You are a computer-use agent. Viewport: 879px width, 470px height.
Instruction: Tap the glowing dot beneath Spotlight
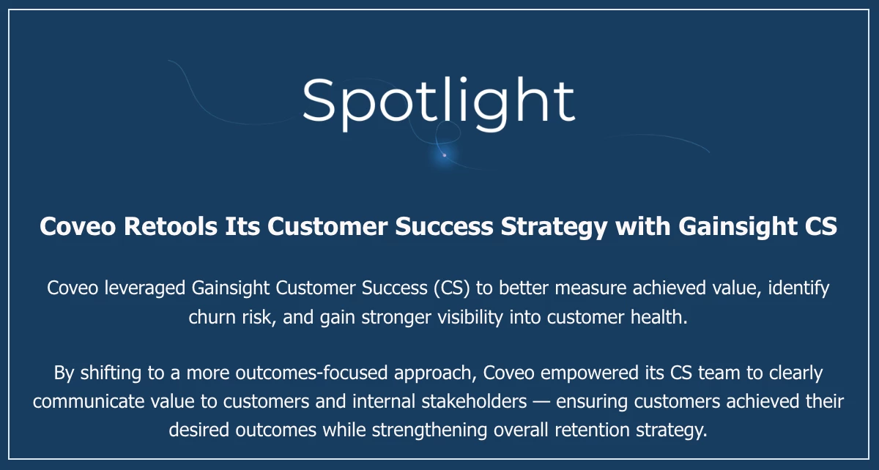[444, 155]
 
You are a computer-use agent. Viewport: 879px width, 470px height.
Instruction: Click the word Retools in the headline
[170, 226]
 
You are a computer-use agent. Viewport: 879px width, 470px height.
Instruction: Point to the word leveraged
[145, 288]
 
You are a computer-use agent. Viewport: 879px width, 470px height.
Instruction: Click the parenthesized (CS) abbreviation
[452, 288]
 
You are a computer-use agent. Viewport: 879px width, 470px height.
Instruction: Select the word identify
[798, 288]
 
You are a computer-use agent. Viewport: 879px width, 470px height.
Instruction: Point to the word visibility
[470, 318]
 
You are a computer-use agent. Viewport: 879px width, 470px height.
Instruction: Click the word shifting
[111, 373]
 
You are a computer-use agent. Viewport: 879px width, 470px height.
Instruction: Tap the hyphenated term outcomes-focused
[311, 373]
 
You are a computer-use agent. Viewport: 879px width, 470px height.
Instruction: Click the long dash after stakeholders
[541, 402]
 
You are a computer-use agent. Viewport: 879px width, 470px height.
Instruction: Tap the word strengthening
[429, 430]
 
